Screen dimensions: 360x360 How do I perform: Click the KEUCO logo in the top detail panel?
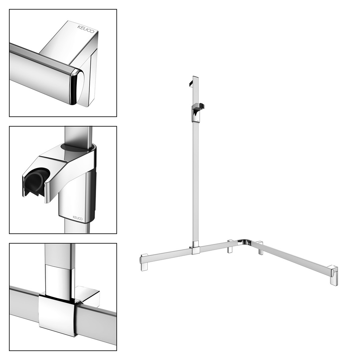86,29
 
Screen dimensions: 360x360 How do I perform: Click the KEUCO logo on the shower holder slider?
78,218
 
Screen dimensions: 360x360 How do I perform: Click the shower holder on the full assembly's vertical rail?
197,113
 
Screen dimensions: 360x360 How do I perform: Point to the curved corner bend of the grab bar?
244,242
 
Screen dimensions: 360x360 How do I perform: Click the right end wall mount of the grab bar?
334,275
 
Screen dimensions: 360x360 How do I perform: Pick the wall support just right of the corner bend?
260,248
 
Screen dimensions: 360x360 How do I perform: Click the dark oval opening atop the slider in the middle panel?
77,147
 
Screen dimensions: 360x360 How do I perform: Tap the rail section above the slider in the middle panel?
78,135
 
